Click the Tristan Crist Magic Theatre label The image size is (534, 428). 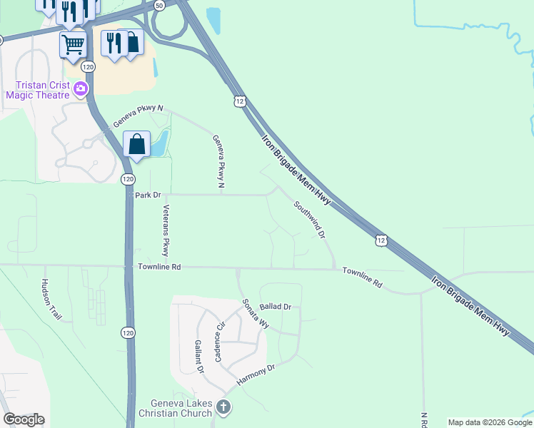coord(38,90)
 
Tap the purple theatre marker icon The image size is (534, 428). coord(80,90)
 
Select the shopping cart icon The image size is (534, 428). coord(73,45)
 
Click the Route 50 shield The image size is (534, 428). coord(159,5)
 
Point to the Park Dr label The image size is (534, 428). coord(148,194)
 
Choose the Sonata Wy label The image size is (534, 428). coord(254,312)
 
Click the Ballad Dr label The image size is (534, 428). coord(276,307)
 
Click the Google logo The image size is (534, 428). coord(24,419)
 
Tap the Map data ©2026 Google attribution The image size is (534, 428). coord(490,422)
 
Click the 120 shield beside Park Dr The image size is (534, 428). coord(127,178)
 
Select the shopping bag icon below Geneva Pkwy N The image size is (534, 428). coord(136,145)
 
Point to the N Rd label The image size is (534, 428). coord(423,419)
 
